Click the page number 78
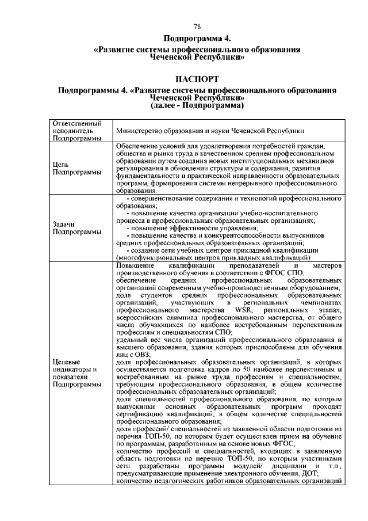pos(197,27)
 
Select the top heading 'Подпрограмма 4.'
pos(197,39)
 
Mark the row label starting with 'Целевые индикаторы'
pos(75,369)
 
